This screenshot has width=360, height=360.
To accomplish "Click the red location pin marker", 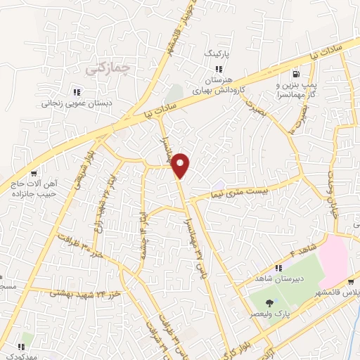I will pyautogui.click(x=181, y=166).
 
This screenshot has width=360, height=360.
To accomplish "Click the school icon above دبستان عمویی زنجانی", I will pyautogui.click(x=77, y=92).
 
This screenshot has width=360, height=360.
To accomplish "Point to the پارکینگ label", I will pyautogui.click(x=217, y=53).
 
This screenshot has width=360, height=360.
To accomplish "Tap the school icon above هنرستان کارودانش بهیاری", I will pyautogui.click(x=219, y=69).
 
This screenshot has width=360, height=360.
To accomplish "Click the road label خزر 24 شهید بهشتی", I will pyautogui.click(x=84, y=292).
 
